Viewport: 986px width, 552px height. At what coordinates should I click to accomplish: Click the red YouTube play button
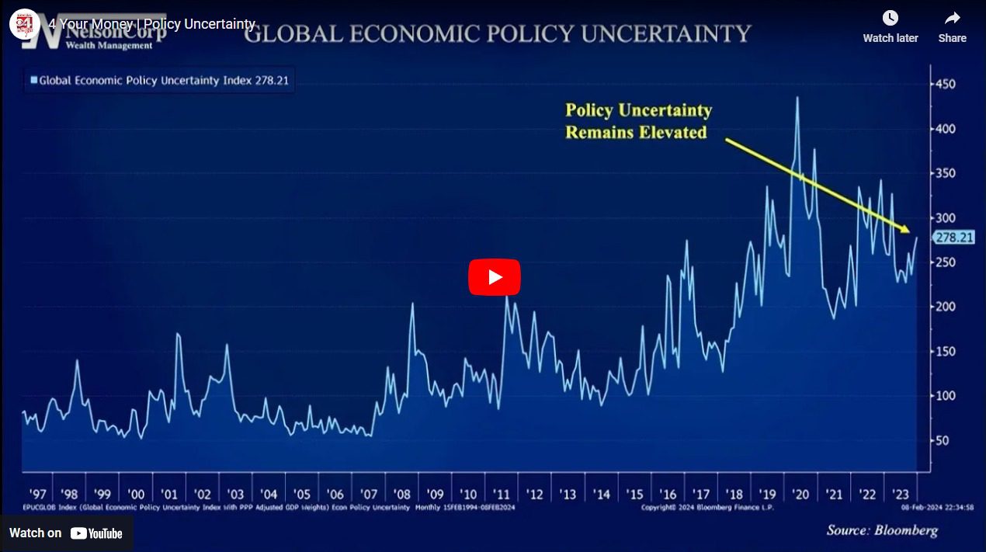[494, 277]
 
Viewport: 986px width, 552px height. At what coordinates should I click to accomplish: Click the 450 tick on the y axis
[945, 84]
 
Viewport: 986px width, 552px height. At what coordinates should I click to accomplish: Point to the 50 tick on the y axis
[942, 441]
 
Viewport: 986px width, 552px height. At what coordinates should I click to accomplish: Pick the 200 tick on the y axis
[945, 307]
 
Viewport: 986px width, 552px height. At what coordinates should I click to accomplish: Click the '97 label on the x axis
[36, 495]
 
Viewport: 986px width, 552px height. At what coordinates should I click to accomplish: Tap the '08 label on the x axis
[401, 495]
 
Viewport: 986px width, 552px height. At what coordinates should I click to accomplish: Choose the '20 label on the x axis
[800, 495]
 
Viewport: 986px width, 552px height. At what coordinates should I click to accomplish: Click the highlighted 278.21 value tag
[954, 238]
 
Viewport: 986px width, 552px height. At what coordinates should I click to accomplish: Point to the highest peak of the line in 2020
[797, 97]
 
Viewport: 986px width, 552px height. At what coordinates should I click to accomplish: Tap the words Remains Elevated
[636, 133]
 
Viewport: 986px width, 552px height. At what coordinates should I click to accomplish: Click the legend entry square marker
[33, 79]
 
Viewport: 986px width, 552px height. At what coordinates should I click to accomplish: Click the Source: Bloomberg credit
[882, 531]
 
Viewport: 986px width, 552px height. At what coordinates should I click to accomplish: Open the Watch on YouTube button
[66, 533]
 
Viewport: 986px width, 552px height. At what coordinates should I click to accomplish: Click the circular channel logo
[24, 24]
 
